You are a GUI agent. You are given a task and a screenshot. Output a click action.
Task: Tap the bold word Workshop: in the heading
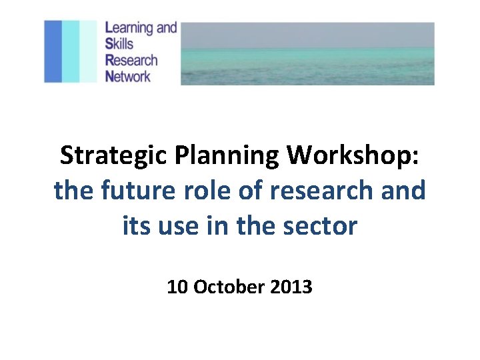point(353,156)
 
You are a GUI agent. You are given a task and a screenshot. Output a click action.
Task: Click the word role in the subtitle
point(199,191)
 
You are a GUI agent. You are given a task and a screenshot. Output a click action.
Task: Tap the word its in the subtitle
point(137,226)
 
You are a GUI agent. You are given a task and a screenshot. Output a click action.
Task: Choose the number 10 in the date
point(177,287)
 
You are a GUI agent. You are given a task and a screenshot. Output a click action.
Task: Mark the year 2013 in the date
point(291,287)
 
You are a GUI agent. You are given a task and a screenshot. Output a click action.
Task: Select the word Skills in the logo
point(119,44)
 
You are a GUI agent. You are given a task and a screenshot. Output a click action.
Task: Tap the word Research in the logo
point(131,60)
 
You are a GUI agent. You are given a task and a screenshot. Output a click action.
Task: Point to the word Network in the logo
point(129,75)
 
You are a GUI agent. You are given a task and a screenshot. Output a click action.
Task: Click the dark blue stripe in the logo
point(53,51)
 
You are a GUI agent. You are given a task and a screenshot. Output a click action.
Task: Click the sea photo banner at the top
point(307,53)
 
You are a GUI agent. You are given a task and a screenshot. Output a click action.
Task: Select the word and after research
point(405,191)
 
